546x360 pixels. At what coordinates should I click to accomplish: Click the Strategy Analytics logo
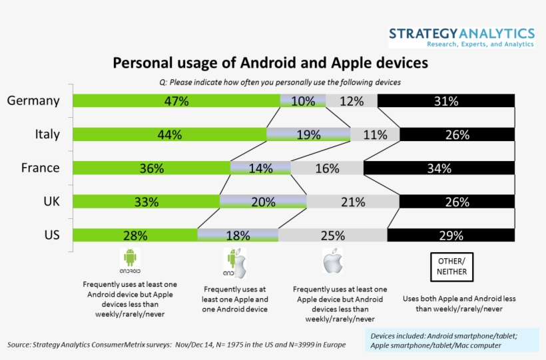pos(461,37)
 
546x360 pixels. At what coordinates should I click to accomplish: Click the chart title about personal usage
pos(270,63)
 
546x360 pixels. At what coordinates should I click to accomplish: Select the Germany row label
pos(33,101)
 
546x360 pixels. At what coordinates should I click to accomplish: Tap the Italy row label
pos(47,134)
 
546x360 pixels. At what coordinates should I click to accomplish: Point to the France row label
pos(40,168)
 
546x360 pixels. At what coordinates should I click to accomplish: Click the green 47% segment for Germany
pos(176,101)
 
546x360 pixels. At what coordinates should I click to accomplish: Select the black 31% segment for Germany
pos(445,101)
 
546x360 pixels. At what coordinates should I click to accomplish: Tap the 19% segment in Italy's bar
pos(308,134)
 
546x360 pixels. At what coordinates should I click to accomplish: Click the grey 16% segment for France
pos(327,168)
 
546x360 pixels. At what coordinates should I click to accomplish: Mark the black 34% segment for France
pos(439,168)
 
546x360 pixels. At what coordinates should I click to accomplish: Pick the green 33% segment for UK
pos(146,202)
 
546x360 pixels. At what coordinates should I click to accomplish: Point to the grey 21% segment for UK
pos(352,202)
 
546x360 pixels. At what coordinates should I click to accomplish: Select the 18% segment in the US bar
pos(238,235)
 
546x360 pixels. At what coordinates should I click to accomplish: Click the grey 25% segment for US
pos(332,235)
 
